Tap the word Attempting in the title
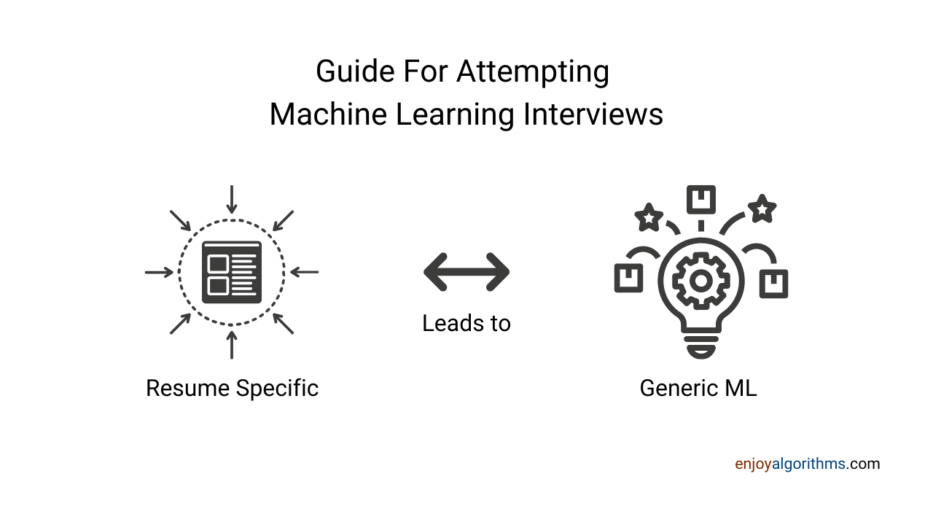pos(534,72)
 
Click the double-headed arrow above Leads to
pos(466,272)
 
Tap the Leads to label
pos(466,323)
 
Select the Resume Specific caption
pos(232,388)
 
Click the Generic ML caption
pos(698,388)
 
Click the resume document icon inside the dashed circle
pos(232,272)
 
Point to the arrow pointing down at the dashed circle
pos(232,199)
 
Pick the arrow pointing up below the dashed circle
pos(232,345)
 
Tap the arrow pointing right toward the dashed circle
pos(159,272)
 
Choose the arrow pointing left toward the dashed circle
pos(305,272)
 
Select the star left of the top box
pos(648,217)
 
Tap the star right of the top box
pos(762,209)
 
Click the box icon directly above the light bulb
pos(700,198)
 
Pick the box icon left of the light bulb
pos(628,277)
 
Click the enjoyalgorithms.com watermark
pos(807,464)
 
